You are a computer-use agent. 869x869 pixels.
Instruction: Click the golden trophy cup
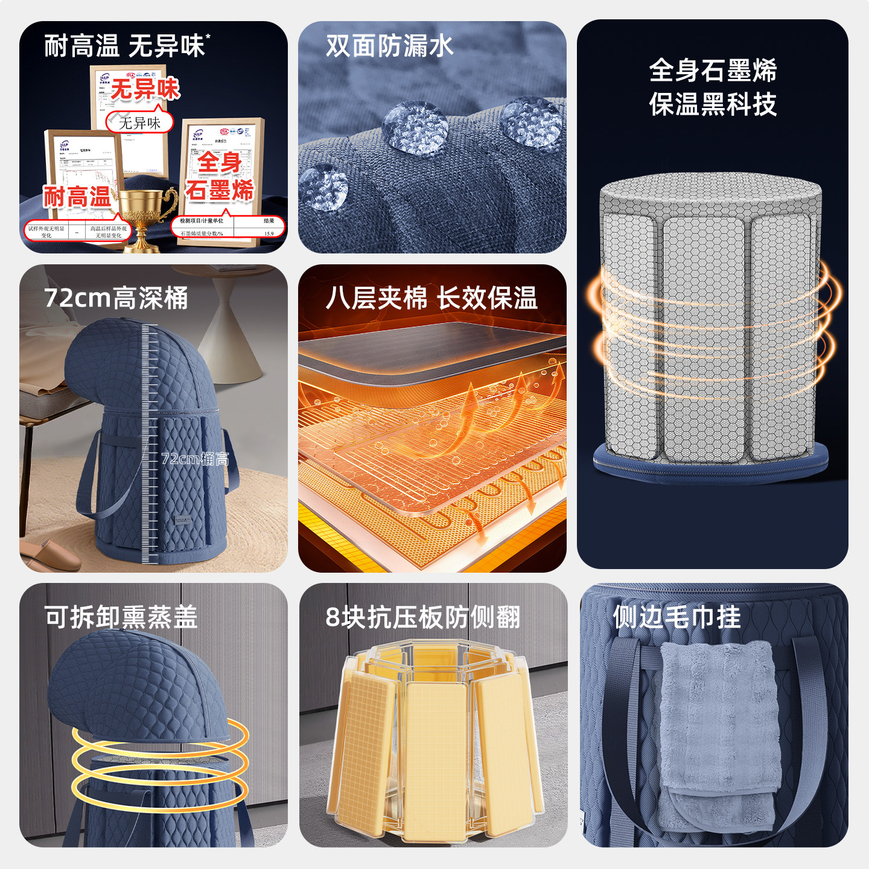[x=142, y=215]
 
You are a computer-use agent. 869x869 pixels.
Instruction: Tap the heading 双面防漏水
[x=389, y=46]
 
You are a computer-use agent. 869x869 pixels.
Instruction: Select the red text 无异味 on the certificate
[x=145, y=89]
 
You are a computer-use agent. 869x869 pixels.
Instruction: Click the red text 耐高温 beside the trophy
[x=77, y=197]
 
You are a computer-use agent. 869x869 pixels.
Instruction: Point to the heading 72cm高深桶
[x=116, y=298]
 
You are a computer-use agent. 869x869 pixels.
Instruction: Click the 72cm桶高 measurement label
[x=195, y=459]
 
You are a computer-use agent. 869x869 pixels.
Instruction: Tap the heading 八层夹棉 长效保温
[x=431, y=298]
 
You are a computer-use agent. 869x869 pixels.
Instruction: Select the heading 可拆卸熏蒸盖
[x=121, y=617]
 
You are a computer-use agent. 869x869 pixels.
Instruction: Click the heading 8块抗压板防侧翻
[x=422, y=617]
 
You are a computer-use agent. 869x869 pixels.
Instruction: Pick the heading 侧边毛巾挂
[x=676, y=617]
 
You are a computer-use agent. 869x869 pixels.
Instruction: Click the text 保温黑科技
[x=713, y=104]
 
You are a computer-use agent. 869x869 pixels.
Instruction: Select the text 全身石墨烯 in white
[x=713, y=71]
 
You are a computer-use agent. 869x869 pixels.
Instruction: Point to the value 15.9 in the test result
[x=269, y=234]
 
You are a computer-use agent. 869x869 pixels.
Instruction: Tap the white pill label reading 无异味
[x=139, y=123]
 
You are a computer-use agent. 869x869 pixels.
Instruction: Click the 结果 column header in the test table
[x=269, y=221]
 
